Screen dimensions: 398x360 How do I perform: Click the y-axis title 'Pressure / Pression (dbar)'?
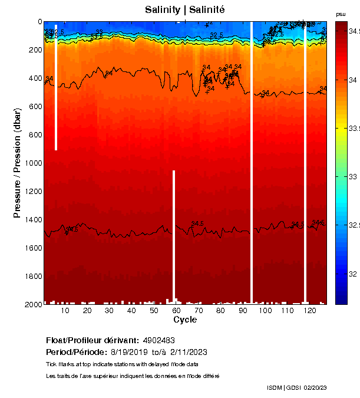17,162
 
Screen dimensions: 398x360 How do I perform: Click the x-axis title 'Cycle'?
185,320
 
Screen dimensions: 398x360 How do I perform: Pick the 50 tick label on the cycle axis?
154,311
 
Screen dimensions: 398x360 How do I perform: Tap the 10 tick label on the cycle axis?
65,311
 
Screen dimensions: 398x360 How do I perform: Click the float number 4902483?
158,341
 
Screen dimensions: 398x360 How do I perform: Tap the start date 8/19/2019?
130,352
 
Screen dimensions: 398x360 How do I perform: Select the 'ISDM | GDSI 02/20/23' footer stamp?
297,387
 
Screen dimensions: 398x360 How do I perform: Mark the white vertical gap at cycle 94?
252,162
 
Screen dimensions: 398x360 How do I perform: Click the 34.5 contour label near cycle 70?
197,223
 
